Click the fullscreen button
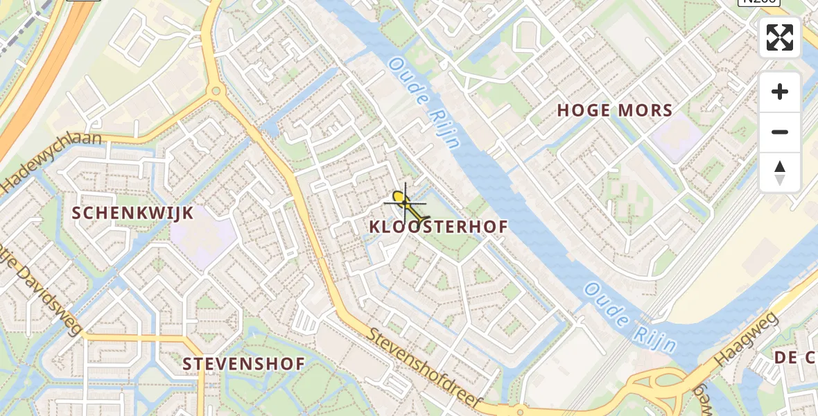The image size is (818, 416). [780, 37]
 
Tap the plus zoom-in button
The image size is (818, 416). [780, 92]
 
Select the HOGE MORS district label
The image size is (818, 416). [615, 110]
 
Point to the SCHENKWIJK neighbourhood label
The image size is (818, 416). [133, 213]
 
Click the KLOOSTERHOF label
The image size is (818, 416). [439, 227]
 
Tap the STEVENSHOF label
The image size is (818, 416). [243, 364]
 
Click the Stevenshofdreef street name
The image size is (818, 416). [426, 369]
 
